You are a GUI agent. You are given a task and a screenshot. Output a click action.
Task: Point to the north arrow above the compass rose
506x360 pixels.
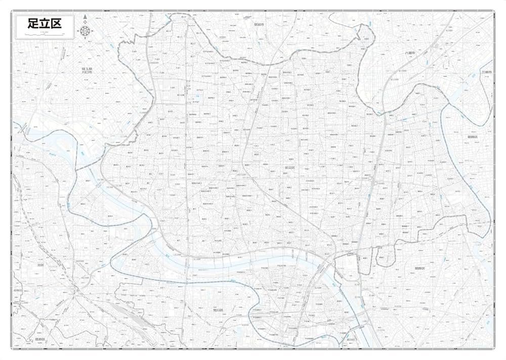click(85, 18)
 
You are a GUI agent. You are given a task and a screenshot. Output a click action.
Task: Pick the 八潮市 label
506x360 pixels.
click(409, 53)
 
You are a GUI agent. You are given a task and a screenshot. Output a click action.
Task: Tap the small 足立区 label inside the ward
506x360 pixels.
click(289, 167)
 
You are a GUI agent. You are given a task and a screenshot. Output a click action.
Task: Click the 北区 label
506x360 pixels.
click(41, 264)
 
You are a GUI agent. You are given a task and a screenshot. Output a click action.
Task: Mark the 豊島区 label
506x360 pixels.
click(40, 339)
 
